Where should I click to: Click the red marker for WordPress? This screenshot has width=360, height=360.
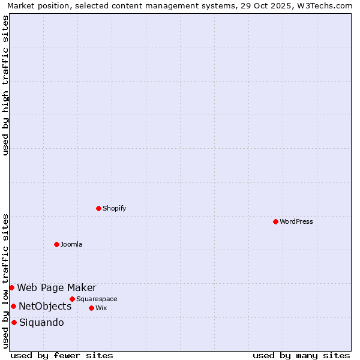pyautogui.click(x=275, y=221)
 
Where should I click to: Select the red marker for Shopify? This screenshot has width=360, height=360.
pyautogui.click(x=99, y=208)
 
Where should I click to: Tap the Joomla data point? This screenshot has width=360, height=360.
pyautogui.click(x=56, y=244)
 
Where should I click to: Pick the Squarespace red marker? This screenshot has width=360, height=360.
pyautogui.click(x=72, y=299)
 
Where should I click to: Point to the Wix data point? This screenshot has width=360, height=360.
pyautogui.click(x=91, y=308)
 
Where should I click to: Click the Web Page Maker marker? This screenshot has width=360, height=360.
pyautogui.click(x=11, y=287)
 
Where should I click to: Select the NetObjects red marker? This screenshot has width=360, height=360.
pyautogui.click(x=13, y=306)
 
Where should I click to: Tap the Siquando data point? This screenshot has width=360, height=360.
pyautogui.click(x=14, y=322)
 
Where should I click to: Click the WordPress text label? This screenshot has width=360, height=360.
pyautogui.click(x=296, y=221)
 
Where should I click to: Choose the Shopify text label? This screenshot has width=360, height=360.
pyautogui.click(x=114, y=208)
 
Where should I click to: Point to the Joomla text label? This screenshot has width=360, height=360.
pyautogui.click(x=71, y=244)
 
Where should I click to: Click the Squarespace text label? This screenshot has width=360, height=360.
pyautogui.click(x=97, y=299)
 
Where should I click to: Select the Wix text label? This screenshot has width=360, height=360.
pyautogui.click(x=101, y=308)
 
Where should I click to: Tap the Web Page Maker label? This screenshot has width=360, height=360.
pyautogui.click(x=56, y=287)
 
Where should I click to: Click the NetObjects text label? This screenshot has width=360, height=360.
pyautogui.click(x=45, y=306)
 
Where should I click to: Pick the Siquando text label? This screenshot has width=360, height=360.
pyautogui.click(x=41, y=322)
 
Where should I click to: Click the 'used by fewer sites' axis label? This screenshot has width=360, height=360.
pyautogui.click(x=62, y=355)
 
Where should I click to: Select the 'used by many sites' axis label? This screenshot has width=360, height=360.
pyautogui.click(x=301, y=355)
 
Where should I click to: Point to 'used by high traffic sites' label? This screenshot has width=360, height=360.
pyautogui.click(x=6, y=85)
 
